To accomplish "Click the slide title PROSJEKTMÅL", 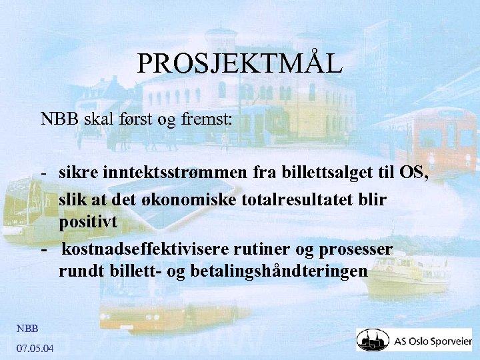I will pyautogui.click(x=240, y=63).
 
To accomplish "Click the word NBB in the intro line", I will pyautogui.click(x=59, y=119).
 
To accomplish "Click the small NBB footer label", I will pyautogui.click(x=27, y=327).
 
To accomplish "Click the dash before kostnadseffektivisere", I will pyautogui.click(x=43, y=249).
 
